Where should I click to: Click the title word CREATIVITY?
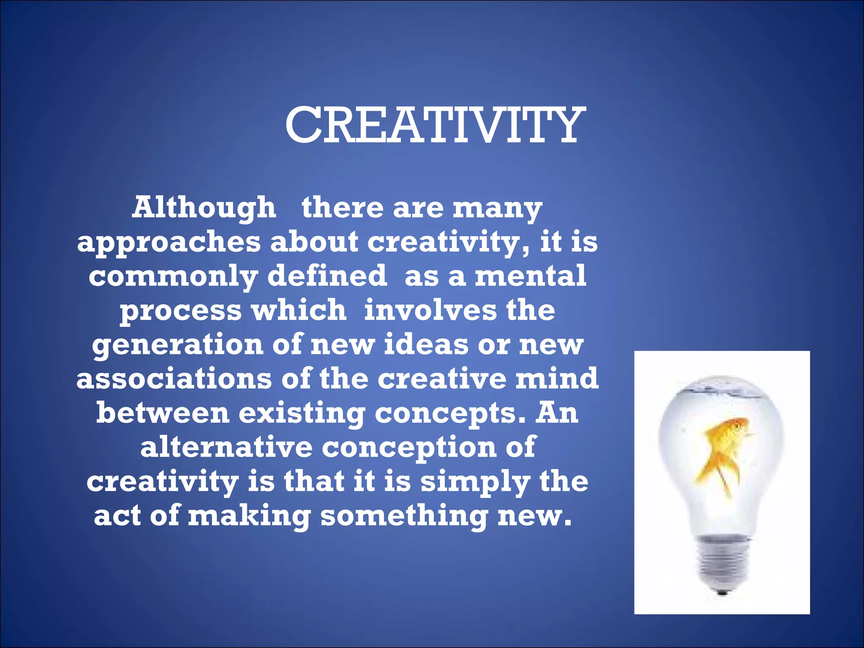[435, 125]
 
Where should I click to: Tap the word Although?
[204, 208]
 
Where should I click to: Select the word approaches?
[169, 243]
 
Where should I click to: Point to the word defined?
[327, 276]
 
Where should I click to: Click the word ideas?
[426, 345]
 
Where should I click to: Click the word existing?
[302, 414]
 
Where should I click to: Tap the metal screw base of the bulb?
[722, 561]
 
